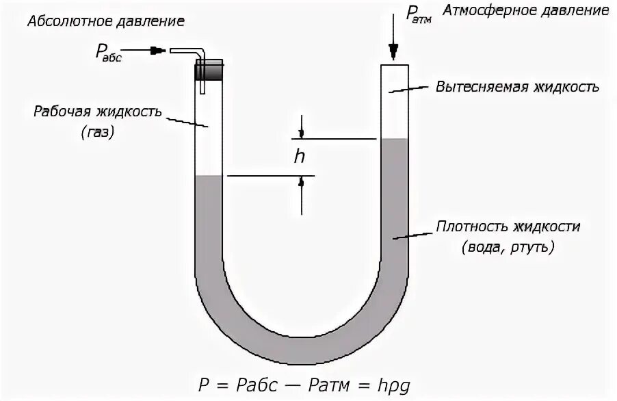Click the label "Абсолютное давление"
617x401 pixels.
click(x=105, y=21)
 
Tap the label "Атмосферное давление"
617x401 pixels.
click(x=525, y=11)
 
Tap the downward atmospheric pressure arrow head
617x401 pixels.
click(x=393, y=51)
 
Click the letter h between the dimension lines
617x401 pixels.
click(x=300, y=157)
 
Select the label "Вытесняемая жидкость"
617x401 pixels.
click(x=518, y=87)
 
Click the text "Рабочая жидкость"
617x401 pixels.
click(x=98, y=111)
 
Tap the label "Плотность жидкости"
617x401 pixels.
click(x=510, y=227)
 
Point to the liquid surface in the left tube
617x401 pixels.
click(x=209, y=177)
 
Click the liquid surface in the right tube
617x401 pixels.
click(x=395, y=139)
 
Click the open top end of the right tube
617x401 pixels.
click(x=395, y=66)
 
